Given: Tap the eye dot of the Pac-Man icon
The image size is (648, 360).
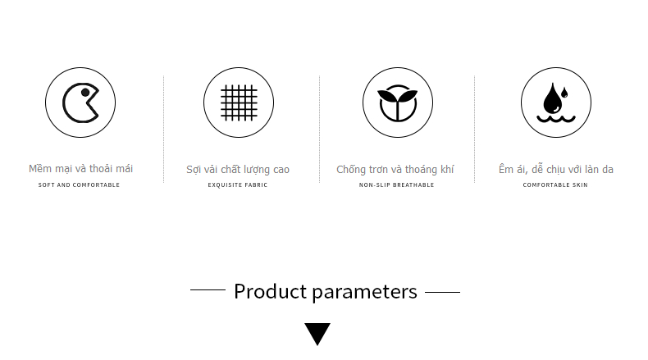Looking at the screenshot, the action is click(x=85, y=93).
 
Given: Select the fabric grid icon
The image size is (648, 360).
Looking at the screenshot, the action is click(x=239, y=103).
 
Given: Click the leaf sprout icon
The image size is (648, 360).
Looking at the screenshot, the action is click(x=398, y=103).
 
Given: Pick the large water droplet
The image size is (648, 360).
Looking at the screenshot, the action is click(x=552, y=99).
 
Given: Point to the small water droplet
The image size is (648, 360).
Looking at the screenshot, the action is click(x=564, y=93).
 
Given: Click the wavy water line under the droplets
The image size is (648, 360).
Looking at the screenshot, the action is click(x=556, y=119).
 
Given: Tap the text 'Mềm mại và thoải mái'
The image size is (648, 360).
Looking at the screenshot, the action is click(x=80, y=169).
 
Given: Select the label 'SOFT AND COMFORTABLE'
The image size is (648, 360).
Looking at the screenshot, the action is click(x=79, y=185).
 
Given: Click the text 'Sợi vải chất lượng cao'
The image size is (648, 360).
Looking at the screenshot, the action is click(x=238, y=170).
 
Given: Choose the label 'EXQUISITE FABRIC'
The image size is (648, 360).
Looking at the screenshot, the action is click(x=238, y=185).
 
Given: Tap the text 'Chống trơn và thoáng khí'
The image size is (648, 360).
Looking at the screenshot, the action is click(x=395, y=170).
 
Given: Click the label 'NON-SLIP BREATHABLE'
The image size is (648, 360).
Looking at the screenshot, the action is click(x=397, y=185).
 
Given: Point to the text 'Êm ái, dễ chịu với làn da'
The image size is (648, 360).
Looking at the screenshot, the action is click(x=556, y=169).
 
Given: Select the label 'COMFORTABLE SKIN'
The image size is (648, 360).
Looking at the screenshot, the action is click(x=555, y=185).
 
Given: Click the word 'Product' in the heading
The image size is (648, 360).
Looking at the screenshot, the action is click(x=271, y=291).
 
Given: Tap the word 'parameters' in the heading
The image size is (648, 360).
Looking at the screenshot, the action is click(x=364, y=293).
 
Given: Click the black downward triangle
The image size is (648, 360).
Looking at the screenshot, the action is click(x=317, y=333).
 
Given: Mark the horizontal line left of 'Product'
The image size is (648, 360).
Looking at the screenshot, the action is click(x=208, y=290).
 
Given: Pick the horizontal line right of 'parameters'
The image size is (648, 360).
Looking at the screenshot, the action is click(x=443, y=292).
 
